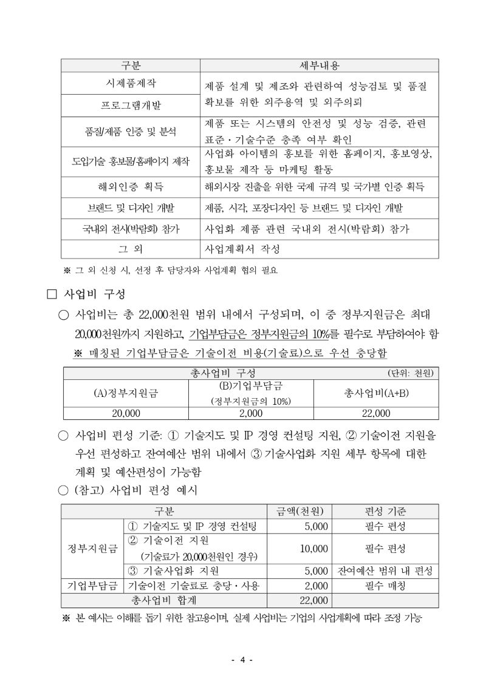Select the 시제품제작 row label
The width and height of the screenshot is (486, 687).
tap(131, 84)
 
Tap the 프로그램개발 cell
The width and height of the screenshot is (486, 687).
tap(131, 106)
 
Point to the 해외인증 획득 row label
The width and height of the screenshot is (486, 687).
tap(131, 186)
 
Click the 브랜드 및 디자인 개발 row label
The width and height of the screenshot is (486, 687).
tap(131, 208)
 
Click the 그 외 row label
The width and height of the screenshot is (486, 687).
tap(131, 249)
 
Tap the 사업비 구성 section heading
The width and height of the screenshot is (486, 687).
tap(94, 294)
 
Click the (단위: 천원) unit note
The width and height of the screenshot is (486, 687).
tap(412, 373)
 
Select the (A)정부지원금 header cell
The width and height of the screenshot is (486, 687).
tap(126, 393)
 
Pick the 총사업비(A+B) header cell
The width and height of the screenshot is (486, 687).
tap(376, 393)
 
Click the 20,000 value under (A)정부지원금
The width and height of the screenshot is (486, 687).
tap(126, 413)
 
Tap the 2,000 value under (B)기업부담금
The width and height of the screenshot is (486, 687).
tap(251, 413)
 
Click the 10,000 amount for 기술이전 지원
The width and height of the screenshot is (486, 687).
tap(314, 549)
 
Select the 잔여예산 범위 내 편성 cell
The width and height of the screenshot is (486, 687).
tap(385, 571)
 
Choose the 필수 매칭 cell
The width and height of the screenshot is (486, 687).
tap(385, 586)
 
